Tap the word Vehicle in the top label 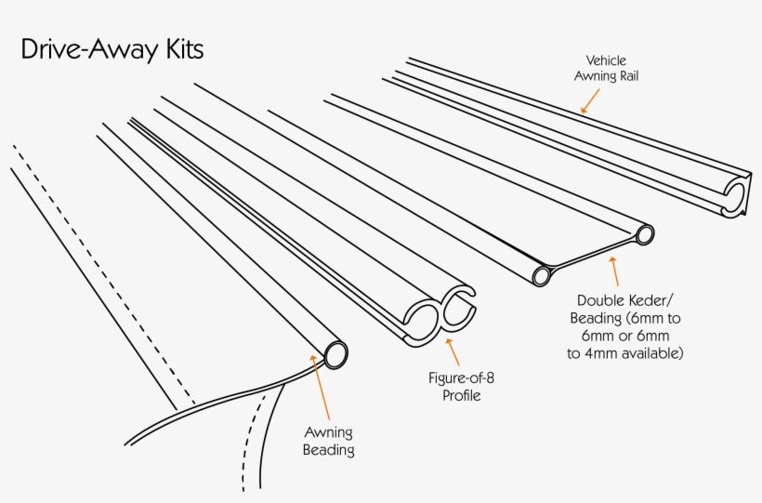click(x=606, y=60)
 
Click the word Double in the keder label click(x=598, y=301)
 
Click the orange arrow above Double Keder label click(x=613, y=271)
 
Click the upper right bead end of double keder click(x=643, y=234)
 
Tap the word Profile click(x=461, y=396)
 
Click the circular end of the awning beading click(x=335, y=353)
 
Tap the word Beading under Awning click(x=329, y=450)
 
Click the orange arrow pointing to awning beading click(x=322, y=390)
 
